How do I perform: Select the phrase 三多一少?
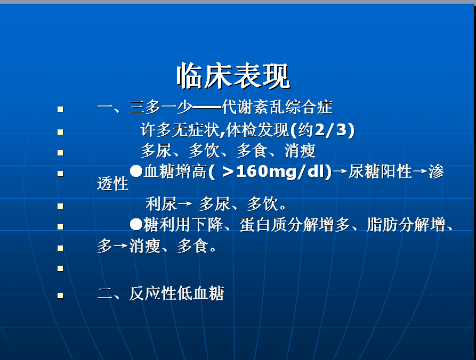(x=160, y=107)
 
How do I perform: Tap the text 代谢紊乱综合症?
(x=277, y=107)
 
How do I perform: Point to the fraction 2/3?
(x=331, y=130)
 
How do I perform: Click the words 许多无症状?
(x=180, y=130)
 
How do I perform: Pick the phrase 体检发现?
(x=258, y=130)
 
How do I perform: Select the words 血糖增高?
(x=175, y=171)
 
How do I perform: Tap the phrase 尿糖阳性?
(x=380, y=171)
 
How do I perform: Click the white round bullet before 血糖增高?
(x=136, y=171)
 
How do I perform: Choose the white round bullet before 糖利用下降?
(x=136, y=225)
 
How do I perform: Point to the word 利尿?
(x=161, y=204)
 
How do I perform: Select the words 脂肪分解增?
(x=406, y=225)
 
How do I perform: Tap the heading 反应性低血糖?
(x=176, y=293)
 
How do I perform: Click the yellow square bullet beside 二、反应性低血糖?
(x=60, y=296)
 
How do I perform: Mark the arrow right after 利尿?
(x=185, y=203)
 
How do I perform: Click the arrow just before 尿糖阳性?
(x=340, y=171)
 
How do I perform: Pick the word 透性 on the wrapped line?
(x=112, y=184)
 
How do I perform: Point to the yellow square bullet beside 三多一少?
(x=60, y=109)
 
